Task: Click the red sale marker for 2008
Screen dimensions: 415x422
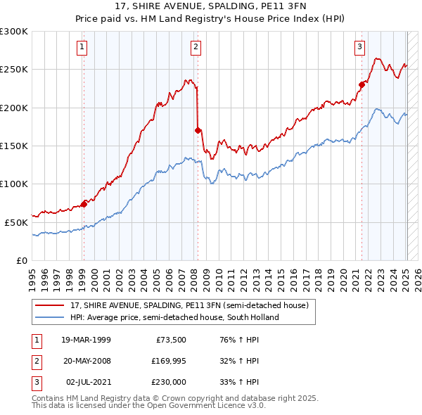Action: pyautogui.click(x=198, y=130)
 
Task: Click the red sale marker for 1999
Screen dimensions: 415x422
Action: pyautogui.click(x=84, y=204)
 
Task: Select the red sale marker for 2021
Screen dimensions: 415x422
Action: pyautogui.click(x=362, y=84)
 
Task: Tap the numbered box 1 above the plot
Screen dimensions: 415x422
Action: pyautogui.click(x=82, y=47)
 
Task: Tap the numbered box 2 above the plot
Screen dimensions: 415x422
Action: pyautogui.click(x=196, y=47)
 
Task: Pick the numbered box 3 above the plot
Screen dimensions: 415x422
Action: pyautogui.click(x=359, y=47)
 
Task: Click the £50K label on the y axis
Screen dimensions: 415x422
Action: pyautogui.click(x=17, y=222)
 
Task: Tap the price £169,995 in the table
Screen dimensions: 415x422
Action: pyautogui.click(x=168, y=361)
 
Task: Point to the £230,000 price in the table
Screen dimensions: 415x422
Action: pyautogui.click(x=168, y=382)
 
